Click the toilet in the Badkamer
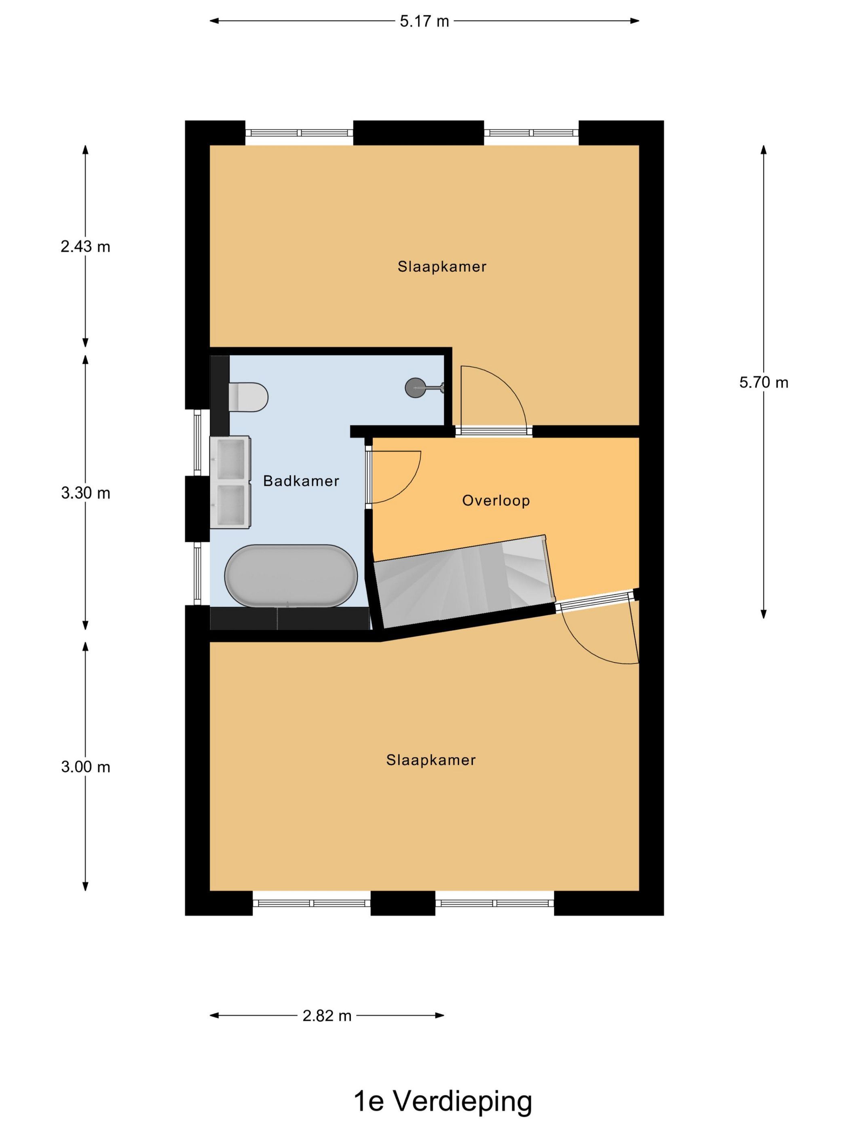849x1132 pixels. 248,397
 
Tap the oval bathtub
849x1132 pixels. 291,576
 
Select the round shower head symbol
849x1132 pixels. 414,387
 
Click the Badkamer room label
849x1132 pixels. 301,481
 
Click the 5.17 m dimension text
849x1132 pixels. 424,21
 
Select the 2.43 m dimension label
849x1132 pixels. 85,247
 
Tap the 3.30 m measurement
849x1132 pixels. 85,493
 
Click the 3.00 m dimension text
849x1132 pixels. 85,767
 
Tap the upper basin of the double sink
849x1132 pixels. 230,458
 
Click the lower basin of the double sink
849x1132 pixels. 230,506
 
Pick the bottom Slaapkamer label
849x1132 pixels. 431,760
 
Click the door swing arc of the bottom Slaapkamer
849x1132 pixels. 578,647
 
